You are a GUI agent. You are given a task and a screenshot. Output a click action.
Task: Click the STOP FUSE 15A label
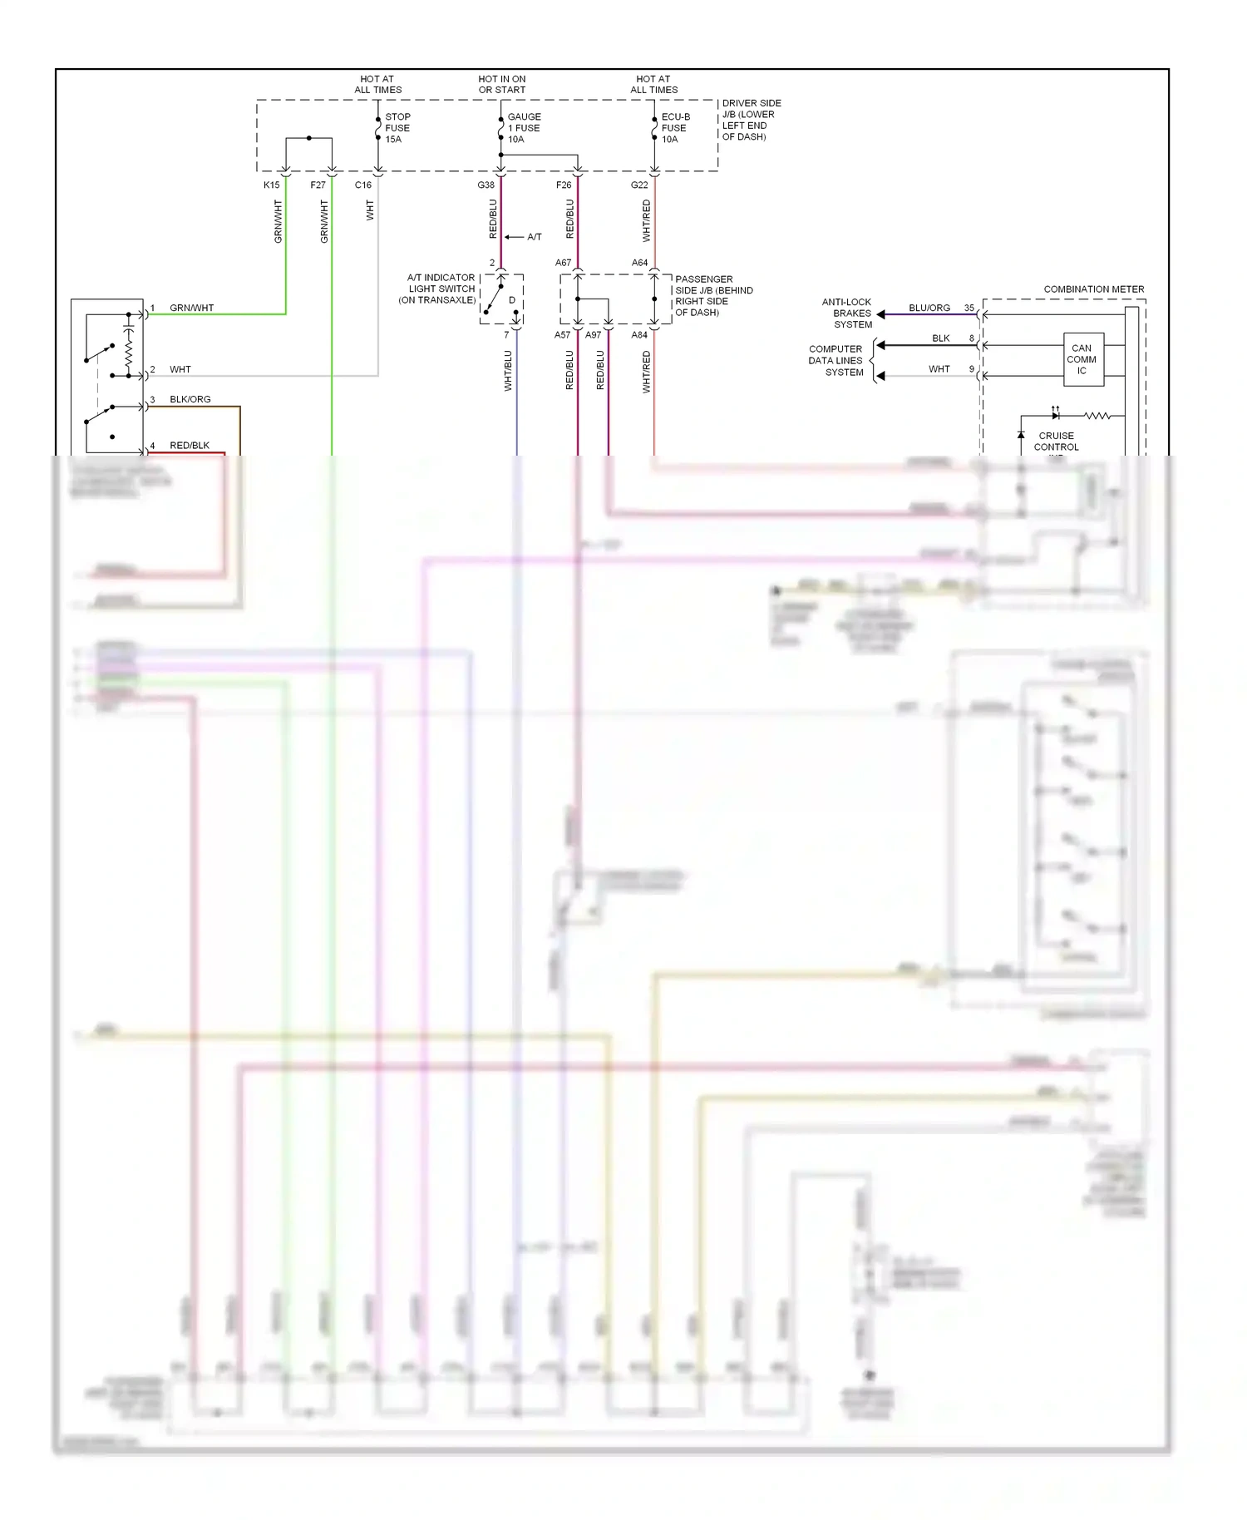pyautogui.click(x=397, y=128)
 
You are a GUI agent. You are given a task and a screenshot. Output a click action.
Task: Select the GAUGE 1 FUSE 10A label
pyautogui.click(x=524, y=128)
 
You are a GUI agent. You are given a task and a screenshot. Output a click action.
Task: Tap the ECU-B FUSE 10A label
pyautogui.click(x=674, y=128)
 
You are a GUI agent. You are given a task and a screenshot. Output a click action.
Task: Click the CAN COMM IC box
pyautogui.click(x=1082, y=359)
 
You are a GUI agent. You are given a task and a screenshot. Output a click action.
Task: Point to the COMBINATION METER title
pyautogui.click(x=1093, y=289)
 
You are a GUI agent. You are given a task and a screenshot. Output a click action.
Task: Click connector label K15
pyautogui.click(x=272, y=185)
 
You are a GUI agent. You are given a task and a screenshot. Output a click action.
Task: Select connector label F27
pyautogui.click(x=318, y=185)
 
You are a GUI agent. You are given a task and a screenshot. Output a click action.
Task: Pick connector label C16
pyautogui.click(x=363, y=185)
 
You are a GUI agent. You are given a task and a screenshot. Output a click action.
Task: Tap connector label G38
pyautogui.click(x=486, y=185)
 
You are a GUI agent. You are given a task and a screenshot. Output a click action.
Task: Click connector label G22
pyautogui.click(x=639, y=185)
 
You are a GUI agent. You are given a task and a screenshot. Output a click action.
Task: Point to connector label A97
pyautogui.click(x=593, y=335)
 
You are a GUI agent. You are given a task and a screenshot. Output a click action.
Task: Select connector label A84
pyautogui.click(x=639, y=335)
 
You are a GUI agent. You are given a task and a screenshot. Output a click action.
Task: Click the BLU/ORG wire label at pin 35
pyautogui.click(x=929, y=308)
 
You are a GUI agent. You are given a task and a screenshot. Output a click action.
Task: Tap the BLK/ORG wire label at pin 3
pyautogui.click(x=190, y=399)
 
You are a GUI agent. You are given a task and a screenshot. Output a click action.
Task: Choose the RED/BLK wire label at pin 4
pyautogui.click(x=190, y=446)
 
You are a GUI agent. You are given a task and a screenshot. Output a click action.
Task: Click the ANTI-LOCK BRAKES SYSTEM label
pyautogui.click(x=848, y=313)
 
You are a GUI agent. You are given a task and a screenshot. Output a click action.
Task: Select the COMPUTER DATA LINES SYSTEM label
pyautogui.click(x=836, y=361)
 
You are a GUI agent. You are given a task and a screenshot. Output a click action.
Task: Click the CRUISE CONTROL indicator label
pyautogui.click(x=1056, y=442)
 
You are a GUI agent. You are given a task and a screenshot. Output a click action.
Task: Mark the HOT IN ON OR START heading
pyautogui.click(x=502, y=85)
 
